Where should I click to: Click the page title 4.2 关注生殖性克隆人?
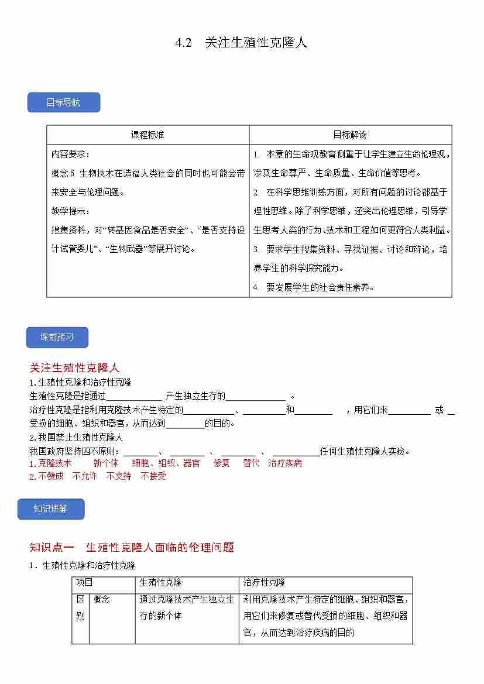[x=241, y=43]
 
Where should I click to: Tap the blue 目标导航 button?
[x=64, y=102]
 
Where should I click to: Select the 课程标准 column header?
[x=147, y=135]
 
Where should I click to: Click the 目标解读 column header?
[x=350, y=135]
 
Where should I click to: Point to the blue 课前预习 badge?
[x=57, y=337]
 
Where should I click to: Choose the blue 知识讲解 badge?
[x=51, y=508]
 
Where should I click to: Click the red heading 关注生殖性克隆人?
[x=74, y=367]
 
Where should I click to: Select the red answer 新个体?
[x=106, y=463]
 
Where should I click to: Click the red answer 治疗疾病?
[x=285, y=463]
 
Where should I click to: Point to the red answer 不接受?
[x=153, y=476]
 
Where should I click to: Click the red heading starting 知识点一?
[x=132, y=547]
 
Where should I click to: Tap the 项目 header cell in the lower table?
[x=85, y=582]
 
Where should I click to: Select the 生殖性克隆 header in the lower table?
[x=160, y=582]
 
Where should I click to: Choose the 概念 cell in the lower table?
[x=101, y=599]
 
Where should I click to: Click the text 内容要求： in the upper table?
[x=70, y=154]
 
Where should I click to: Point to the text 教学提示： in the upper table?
[x=70, y=211]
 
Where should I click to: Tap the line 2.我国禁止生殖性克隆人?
[x=76, y=437]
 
